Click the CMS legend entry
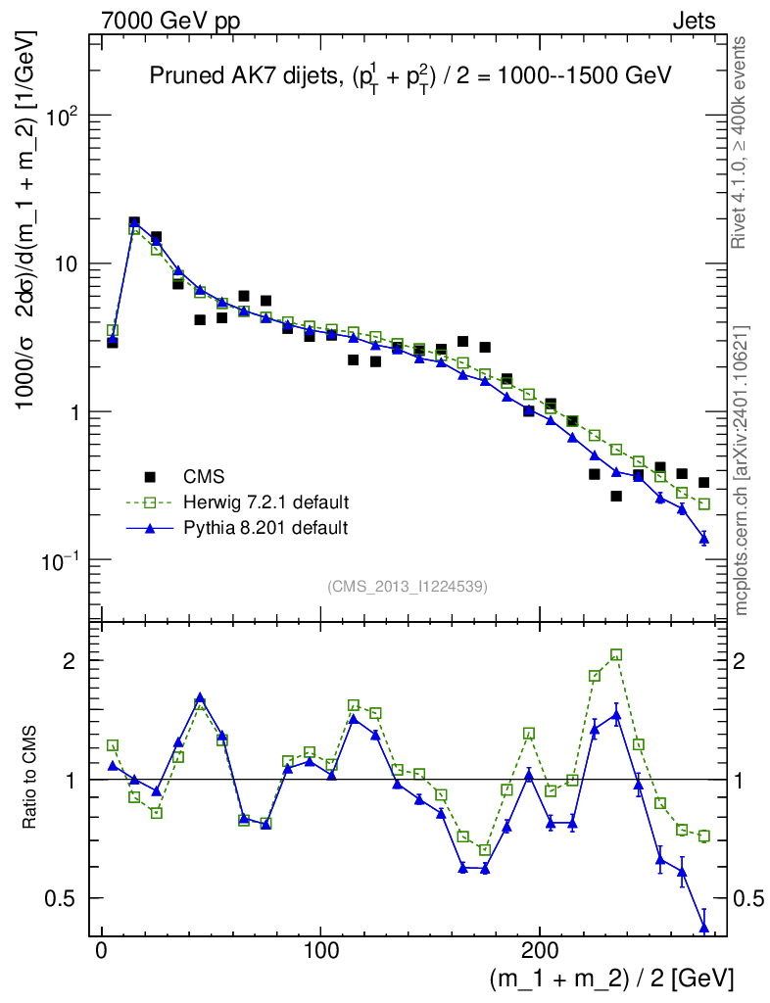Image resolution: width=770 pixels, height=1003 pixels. tap(204, 477)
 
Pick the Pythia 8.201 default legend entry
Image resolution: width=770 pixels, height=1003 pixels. tap(265, 528)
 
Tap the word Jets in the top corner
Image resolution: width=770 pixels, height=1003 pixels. tap(693, 22)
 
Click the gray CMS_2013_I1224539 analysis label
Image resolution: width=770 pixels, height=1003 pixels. tap(408, 587)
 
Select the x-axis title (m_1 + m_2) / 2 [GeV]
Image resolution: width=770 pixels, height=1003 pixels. tap(611, 978)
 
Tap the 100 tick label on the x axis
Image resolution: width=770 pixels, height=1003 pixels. tap(321, 951)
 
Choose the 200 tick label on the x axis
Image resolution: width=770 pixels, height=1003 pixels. tap(541, 951)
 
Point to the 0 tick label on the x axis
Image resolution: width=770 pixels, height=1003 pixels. tap(101, 951)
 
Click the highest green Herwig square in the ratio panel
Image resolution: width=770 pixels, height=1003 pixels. tap(616, 654)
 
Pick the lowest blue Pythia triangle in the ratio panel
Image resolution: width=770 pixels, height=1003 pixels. tap(703, 928)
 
